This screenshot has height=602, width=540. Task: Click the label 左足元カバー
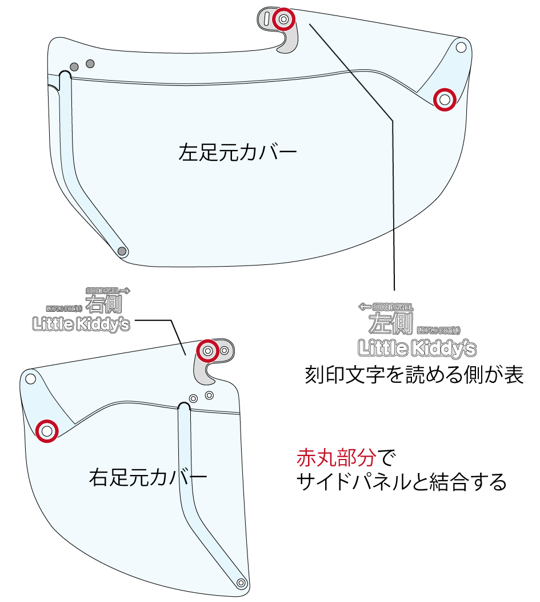click(238, 153)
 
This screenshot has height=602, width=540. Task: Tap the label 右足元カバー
click(147, 477)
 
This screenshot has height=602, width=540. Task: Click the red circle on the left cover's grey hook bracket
click(283, 19)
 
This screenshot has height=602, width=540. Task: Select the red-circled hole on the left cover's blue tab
click(445, 100)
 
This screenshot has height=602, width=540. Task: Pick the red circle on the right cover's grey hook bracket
click(208, 350)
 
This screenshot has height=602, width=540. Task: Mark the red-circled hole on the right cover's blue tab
click(47, 430)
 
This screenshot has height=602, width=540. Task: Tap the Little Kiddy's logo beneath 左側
click(417, 347)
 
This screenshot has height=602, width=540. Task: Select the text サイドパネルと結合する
click(401, 482)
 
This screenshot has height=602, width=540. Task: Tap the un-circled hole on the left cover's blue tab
click(461, 47)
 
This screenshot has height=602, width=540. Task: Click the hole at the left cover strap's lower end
click(121, 251)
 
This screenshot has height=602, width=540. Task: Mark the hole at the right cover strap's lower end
click(241, 583)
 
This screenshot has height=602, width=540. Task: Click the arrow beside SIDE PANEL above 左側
click(364, 307)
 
